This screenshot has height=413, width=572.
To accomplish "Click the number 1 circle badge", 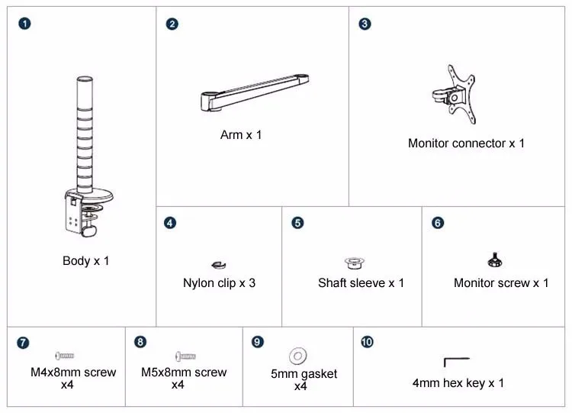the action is (x=24, y=24).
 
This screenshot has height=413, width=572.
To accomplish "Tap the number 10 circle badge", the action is (x=367, y=342).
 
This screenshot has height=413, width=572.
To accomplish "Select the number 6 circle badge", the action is (x=438, y=223).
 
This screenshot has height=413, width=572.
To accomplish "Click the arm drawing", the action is (x=255, y=92).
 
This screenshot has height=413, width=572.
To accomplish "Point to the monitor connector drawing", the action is (x=455, y=95).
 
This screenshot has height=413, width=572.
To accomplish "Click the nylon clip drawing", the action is (x=219, y=265).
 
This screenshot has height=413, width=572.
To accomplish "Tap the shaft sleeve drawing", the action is (x=354, y=263).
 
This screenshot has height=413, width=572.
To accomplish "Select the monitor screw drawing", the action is (x=495, y=260).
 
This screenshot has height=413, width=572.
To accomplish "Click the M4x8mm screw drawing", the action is (x=65, y=355).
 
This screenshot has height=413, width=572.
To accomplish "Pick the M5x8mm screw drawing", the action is (x=185, y=356).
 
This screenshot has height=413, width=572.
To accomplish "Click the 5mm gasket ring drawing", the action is (x=298, y=355).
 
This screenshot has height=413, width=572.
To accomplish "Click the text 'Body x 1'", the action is (x=85, y=261).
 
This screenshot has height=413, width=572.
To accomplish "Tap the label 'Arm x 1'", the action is (x=241, y=135).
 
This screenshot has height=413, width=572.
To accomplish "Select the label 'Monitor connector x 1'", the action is (x=466, y=144).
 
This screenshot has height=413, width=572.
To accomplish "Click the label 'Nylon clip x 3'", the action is (x=219, y=283).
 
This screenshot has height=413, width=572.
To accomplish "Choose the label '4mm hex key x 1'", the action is (x=458, y=383).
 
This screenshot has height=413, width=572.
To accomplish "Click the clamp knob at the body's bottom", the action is (x=88, y=231).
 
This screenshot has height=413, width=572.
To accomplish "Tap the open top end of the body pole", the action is (x=85, y=79).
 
